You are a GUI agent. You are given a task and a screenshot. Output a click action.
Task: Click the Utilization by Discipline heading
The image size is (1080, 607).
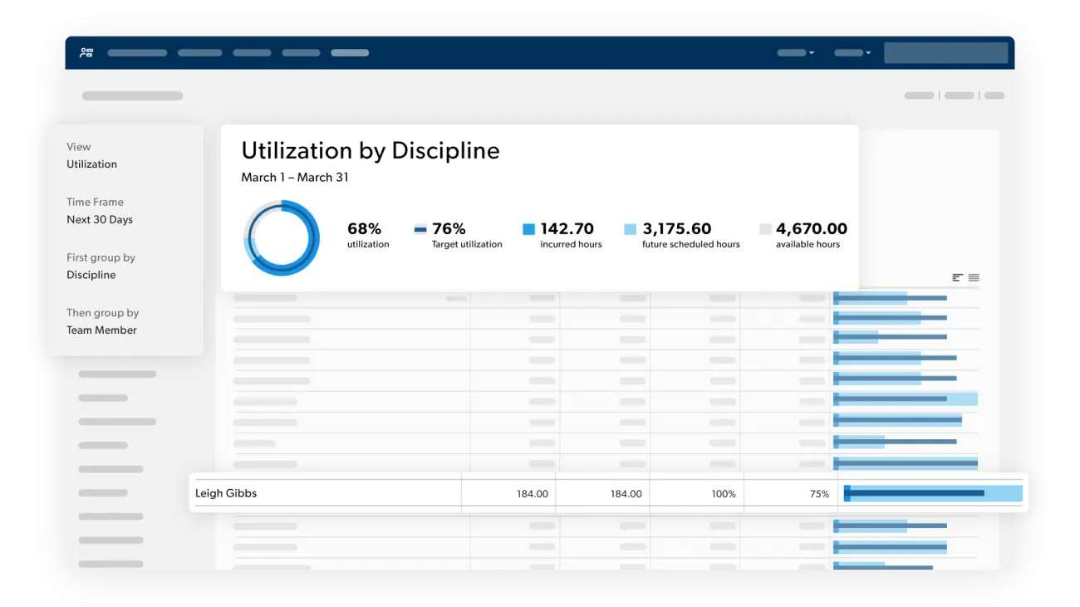click(x=371, y=150)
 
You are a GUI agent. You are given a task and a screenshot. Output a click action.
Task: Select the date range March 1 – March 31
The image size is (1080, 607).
click(x=295, y=177)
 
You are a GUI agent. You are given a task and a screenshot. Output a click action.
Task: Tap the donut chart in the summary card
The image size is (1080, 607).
click(x=282, y=237)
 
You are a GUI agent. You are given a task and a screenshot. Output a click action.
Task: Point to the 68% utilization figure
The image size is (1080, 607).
click(x=364, y=229)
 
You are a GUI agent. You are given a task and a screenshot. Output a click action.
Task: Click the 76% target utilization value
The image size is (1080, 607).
click(x=449, y=229)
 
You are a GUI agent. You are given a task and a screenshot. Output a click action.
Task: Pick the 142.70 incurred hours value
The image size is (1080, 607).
click(x=567, y=229)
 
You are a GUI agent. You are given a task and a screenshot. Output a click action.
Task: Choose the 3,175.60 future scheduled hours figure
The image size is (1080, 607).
click(x=677, y=229)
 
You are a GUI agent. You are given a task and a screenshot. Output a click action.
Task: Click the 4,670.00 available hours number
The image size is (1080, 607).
click(x=812, y=229)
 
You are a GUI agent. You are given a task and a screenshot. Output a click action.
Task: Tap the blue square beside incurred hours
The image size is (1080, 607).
click(x=528, y=229)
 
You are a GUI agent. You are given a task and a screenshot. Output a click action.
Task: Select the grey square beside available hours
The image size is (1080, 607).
click(x=765, y=229)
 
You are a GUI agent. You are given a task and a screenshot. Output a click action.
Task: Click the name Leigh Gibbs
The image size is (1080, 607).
click(x=226, y=493)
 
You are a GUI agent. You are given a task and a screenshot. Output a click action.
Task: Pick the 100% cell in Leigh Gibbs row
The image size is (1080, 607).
click(x=724, y=494)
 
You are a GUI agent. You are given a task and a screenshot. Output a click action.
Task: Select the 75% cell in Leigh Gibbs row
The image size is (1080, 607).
click(x=819, y=494)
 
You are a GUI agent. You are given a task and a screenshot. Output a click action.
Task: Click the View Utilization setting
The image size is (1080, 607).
click(x=91, y=164)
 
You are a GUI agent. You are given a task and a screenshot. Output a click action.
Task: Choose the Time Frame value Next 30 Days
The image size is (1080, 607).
click(x=100, y=220)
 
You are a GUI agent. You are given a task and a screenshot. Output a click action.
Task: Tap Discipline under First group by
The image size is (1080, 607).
click(x=91, y=275)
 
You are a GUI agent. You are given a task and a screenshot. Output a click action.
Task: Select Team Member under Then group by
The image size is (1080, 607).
click(x=101, y=330)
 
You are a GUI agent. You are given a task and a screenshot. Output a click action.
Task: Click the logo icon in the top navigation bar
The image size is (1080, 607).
click(x=86, y=52)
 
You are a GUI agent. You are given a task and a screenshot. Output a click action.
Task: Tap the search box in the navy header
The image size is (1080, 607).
click(x=945, y=52)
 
